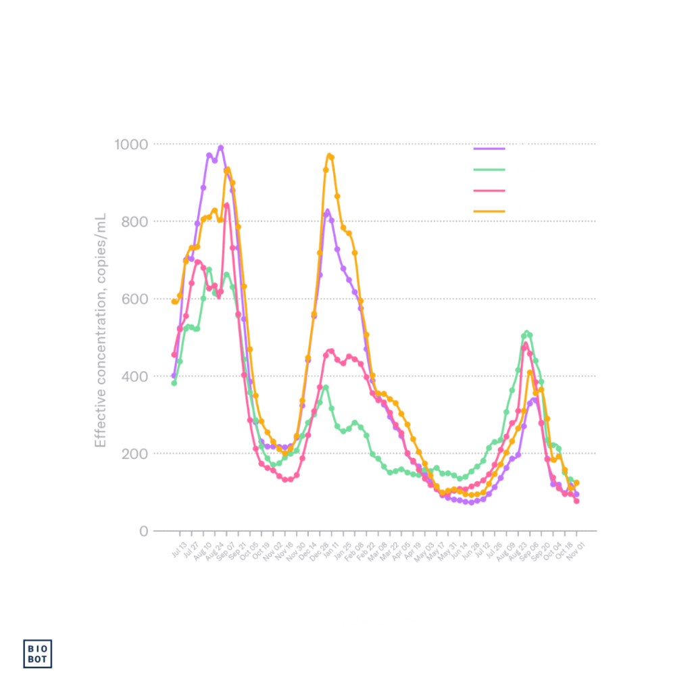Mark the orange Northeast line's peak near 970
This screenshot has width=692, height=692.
point(330,157)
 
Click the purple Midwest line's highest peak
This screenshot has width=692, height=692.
point(220,146)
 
